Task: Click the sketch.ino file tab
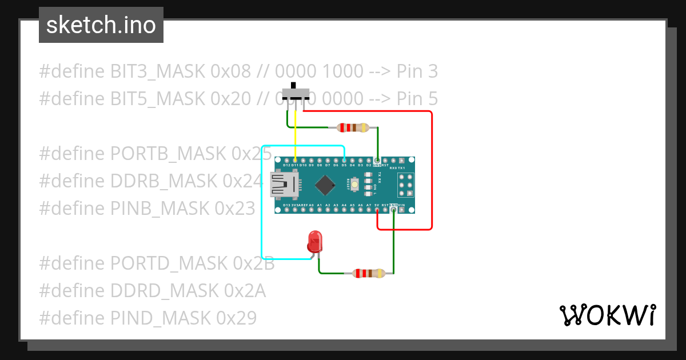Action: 101,25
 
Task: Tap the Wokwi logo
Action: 607,315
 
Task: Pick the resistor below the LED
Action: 369,273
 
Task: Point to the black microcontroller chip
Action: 325,185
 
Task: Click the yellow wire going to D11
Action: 295,134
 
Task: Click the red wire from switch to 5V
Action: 432,171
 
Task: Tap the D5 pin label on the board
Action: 344,166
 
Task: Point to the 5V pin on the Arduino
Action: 377,210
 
